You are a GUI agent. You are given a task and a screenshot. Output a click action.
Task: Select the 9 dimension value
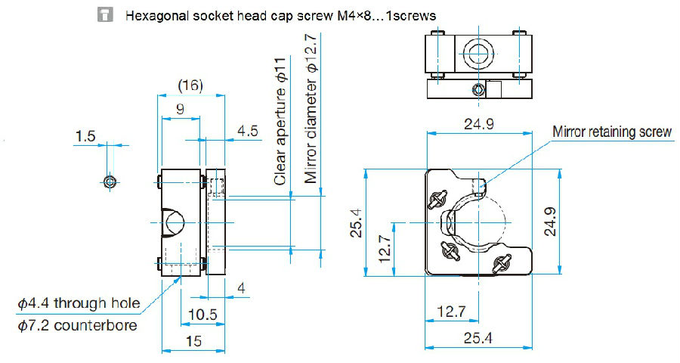click(179, 109)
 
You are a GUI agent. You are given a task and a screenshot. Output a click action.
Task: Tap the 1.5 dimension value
click(86, 136)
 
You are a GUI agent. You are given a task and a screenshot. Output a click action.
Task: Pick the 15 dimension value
click(193, 342)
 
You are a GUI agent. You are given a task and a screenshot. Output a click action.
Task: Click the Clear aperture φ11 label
click(280, 121)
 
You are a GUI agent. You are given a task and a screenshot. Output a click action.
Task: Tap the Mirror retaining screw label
click(612, 132)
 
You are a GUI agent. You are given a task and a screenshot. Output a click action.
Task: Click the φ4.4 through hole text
click(79, 304)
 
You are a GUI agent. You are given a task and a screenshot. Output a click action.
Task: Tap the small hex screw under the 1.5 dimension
click(110, 181)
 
